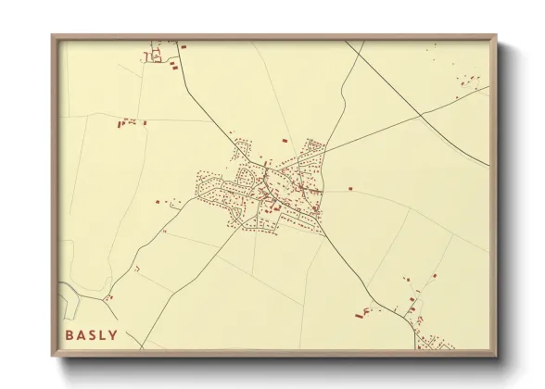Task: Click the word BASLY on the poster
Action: coord(92,334)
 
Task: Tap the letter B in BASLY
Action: coord(70,334)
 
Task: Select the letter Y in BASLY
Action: coord(114,334)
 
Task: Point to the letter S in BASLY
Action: coord(92,334)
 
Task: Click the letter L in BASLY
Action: coord(103,334)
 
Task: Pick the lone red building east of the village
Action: coord(351,189)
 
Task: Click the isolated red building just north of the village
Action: coord(285,140)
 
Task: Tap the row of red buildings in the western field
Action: coord(131,121)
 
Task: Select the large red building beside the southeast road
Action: coord(360,315)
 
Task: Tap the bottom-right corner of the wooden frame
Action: coord(495,354)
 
